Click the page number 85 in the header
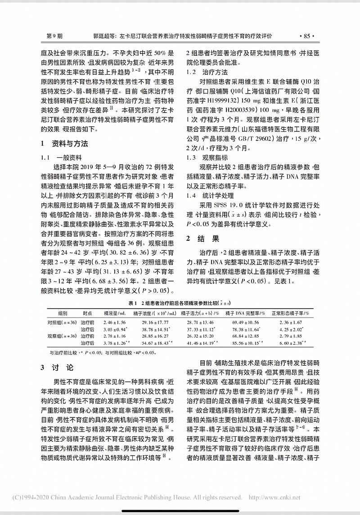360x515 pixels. (x=307, y=36)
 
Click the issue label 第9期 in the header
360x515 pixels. (x=55, y=36)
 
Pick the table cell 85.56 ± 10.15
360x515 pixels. (x=249, y=343)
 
